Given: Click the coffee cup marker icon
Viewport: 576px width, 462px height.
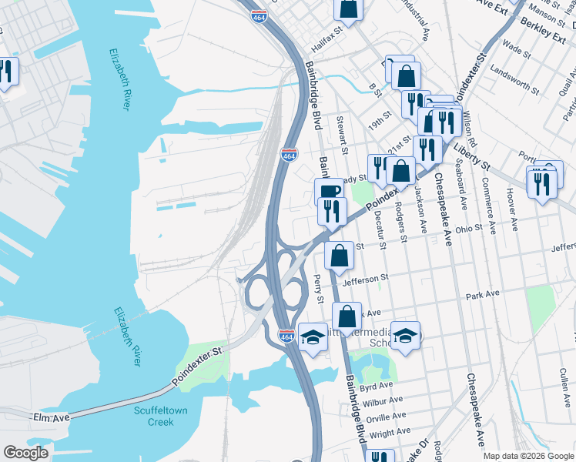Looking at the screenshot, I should tap(328, 192).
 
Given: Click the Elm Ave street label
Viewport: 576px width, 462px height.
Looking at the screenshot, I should tap(52, 417).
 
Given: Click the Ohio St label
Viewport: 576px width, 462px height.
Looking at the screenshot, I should tap(468, 228).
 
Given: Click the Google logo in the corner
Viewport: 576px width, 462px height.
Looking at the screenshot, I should tap(26, 453).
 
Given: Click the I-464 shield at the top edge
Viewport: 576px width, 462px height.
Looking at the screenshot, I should tap(263, 13).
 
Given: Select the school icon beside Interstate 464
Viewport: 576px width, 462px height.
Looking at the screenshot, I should tap(313, 336).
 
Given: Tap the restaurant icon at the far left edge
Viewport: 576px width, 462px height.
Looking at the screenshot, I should tap(6, 72).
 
